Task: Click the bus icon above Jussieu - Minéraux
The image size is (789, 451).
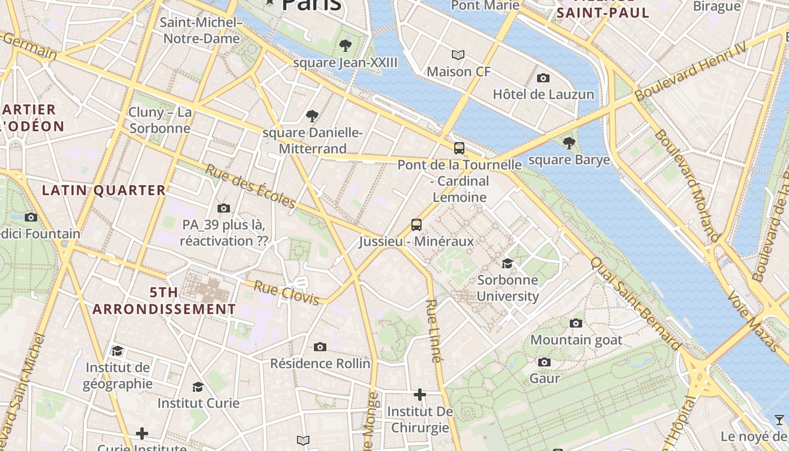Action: tap(416, 225)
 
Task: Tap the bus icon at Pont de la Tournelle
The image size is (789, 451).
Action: tap(459, 148)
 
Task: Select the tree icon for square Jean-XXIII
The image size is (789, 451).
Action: tap(345, 45)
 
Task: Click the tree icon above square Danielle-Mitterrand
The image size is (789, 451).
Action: tap(312, 116)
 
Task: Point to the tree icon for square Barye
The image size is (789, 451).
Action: tap(569, 143)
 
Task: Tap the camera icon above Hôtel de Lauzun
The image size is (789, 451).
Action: tap(543, 78)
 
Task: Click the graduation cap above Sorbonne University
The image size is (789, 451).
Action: tap(507, 263)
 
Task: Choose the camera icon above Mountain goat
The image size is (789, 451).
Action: tap(575, 323)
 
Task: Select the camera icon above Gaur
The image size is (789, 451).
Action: tap(544, 362)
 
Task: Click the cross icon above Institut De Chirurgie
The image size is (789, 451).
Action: tap(419, 395)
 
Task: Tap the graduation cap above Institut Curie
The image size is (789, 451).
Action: tap(198, 387)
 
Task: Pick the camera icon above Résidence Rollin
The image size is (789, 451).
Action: tap(320, 347)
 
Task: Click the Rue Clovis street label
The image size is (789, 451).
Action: tap(287, 293)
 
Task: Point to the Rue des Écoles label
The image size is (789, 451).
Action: tap(250, 186)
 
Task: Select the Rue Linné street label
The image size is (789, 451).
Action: tap(433, 330)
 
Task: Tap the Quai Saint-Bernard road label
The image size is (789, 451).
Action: tap(636, 304)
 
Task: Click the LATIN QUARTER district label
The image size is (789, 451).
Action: tap(104, 191)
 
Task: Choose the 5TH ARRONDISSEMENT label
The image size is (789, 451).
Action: tap(164, 301)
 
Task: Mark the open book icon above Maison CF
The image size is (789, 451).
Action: tap(458, 55)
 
